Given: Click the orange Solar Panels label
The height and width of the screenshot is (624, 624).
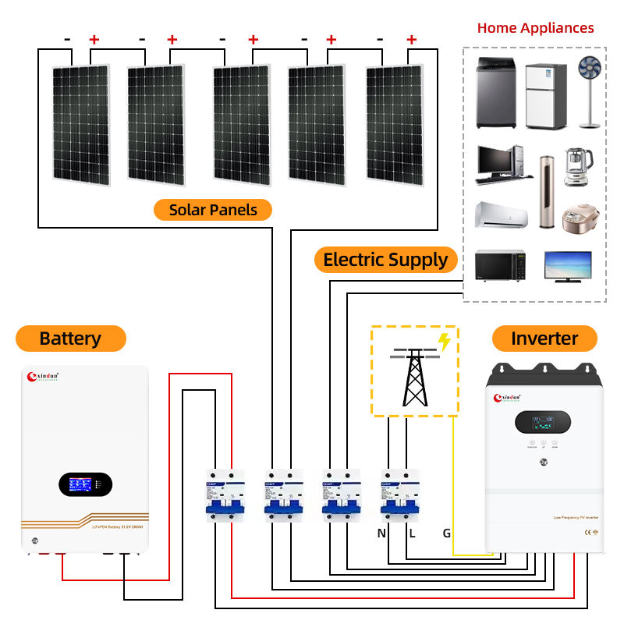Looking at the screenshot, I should point(212,210).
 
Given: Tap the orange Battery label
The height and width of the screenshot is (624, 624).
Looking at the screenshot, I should point(70,339).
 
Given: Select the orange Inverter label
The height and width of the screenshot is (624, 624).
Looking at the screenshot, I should point(544,339).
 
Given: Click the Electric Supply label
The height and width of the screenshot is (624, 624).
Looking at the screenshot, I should point(385,259).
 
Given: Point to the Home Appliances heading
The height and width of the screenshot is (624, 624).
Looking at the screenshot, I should point(535,28).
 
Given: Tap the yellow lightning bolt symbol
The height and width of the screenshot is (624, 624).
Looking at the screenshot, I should point(445,341).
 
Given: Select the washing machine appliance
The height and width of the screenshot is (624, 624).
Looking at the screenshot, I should point(497,95).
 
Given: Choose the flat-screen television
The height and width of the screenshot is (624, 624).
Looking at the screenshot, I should point(567,267).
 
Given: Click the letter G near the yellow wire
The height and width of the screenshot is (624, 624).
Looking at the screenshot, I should point(446,534).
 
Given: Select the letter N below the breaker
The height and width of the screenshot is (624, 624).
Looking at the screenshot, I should point(381,534).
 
